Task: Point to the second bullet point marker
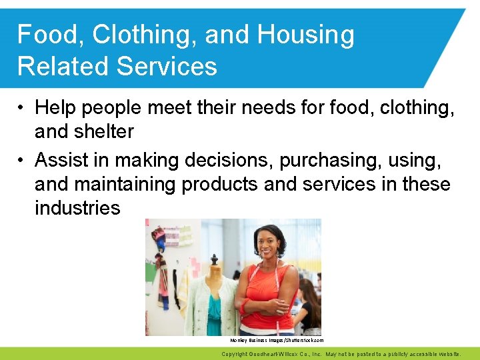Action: click(x=22, y=161)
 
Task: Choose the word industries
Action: click(x=77, y=207)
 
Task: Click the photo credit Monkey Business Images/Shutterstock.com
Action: click(x=276, y=340)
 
